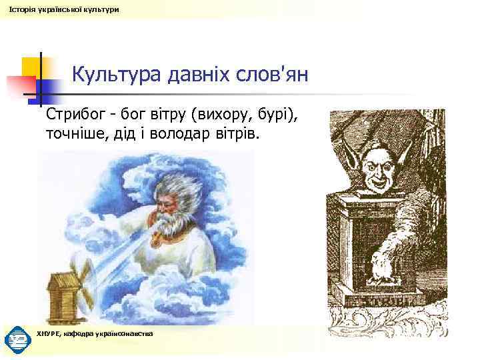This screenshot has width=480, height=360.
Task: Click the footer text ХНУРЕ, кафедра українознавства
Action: pos(95,333)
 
